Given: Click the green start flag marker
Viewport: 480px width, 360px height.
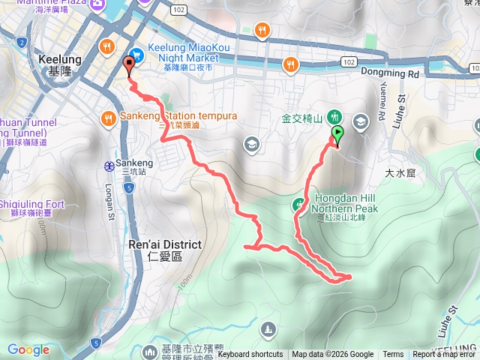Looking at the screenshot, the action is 337,135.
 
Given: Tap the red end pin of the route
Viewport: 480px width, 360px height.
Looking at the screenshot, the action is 128,67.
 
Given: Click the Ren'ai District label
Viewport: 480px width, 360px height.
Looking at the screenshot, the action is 165,244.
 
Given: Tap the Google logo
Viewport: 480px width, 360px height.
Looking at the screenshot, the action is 28,349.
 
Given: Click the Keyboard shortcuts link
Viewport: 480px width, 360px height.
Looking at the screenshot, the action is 250,355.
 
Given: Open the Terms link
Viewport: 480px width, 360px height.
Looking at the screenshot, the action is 393,355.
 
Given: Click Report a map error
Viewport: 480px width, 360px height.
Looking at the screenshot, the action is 445,355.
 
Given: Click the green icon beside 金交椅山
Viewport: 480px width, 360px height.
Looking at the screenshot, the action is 334,117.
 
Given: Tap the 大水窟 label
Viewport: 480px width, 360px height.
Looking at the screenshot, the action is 400,173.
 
